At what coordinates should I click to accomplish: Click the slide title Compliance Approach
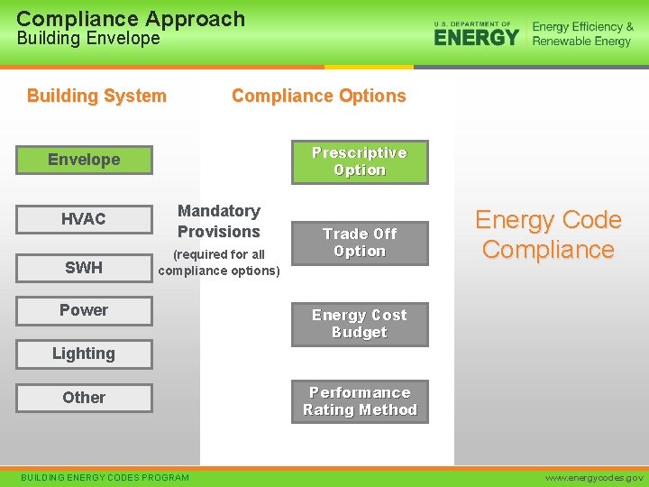(x=131, y=18)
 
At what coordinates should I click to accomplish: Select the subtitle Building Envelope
(x=88, y=39)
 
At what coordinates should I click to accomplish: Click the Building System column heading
(x=96, y=96)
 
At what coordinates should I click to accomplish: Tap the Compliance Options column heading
(x=318, y=96)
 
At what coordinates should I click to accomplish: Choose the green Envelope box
(x=84, y=160)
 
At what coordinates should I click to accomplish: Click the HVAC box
(x=84, y=219)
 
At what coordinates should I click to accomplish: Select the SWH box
(x=84, y=267)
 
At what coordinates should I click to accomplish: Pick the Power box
(x=84, y=310)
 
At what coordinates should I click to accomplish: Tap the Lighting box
(x=84, y=354)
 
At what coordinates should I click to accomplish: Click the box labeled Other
(x=84, y=398)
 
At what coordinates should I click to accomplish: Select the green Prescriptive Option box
(x=360, y=161)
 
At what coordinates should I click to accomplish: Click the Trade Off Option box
(x=360, y=243)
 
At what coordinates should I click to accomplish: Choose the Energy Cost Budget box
(x=360, y=324)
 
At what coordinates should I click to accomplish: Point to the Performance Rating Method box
(x=360, y=401)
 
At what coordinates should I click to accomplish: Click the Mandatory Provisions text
(x=219, y=221)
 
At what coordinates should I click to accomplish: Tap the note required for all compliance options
(x=219, y=262)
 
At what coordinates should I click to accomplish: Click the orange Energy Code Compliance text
(x=548, y=234)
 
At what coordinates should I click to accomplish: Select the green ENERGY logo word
(x=477, y=37)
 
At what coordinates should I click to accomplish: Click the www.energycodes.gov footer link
(x=594, y=477)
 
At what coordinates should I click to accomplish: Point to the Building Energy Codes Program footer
(x=105, y=477)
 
